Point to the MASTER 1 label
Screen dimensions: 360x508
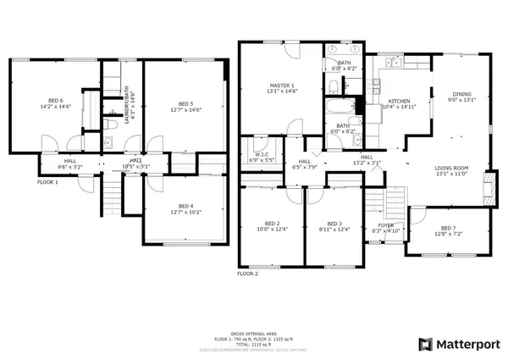pyautogui.click(x=282, y=86)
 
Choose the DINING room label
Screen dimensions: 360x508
pyautogui.click(x=460, y=94)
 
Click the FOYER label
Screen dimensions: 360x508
pyautogui.click(x=384, y=224)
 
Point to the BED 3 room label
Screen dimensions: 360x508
pyautogui.click(x=334, y=223)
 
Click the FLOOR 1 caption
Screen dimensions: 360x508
pyautogui.click(x=47, y=181)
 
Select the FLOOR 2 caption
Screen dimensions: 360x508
pyautogui.click(x=247, y=274)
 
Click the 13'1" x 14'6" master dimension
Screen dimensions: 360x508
pyautogui.click(x=282, y=91)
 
